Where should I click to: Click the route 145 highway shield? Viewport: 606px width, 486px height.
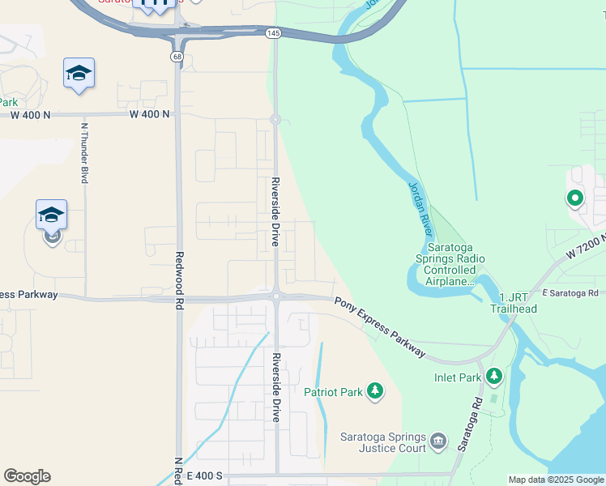point(273,32)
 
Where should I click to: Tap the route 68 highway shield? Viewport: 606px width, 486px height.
point(177,57)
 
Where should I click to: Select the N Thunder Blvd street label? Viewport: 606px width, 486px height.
point(83,152)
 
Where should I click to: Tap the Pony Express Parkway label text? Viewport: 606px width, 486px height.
point(380,326)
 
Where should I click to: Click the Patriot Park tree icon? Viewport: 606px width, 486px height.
point(374,392)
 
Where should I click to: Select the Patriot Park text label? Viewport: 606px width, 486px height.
point(333,393)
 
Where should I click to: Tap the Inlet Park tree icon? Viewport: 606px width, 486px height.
point(493,377)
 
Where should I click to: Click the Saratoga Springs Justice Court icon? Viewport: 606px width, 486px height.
point(437,441)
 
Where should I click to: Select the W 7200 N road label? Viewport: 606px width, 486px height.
point(585,244)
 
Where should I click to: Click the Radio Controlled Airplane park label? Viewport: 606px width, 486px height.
point(455,264)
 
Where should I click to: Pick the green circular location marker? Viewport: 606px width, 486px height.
point(574,198)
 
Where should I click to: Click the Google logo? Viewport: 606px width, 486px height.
point(27,476)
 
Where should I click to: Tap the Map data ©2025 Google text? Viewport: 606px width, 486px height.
point(556,480)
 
